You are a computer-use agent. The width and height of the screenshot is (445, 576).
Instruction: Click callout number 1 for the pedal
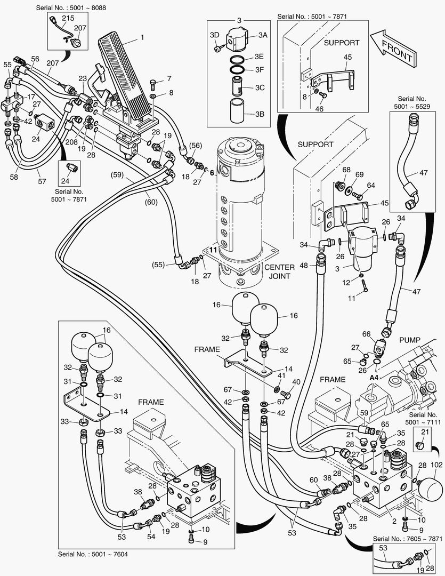pyautogui.click(x=142, y=38)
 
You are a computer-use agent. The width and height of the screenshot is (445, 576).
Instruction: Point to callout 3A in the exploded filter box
pyautogui.click(x=263, y=35)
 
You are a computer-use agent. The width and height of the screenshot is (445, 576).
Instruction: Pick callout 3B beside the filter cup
pyautogui.click(x=260, y=114)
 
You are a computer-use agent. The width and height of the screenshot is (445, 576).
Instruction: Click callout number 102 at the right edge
pyautogui.click(x=436, y=465)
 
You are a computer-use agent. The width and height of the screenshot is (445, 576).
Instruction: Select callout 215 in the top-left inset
pyautogui.click(x=68, y=18)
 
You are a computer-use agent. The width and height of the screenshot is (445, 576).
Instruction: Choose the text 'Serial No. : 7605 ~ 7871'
pyautogui.click(x=407, y=539)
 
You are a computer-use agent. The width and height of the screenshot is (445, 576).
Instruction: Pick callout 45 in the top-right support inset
pyautogui.click(x=347, y=57)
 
